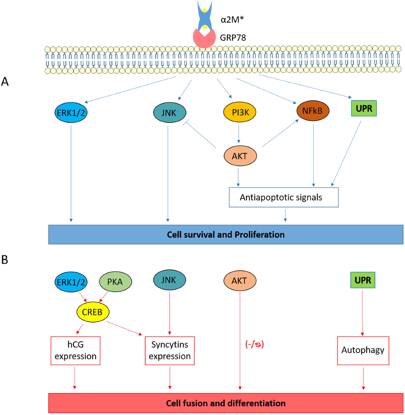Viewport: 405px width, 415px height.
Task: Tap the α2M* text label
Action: pyautogui.click(x=232, y=20)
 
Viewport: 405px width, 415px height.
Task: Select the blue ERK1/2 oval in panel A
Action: pyautogui.click(x=71, y=113)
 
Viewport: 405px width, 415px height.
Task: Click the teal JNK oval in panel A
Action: pyautogui.click(x=169, y=113)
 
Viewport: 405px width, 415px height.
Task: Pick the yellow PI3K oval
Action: pyautogui.click(x=240, y=112)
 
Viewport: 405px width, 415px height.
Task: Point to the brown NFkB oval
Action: pyautogui.click(x=313, y=111)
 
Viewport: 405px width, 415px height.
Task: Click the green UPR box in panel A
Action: pyautogui.click(x=364, y=108)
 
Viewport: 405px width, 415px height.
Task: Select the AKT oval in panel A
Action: pyautogui.click(x=240, y=156)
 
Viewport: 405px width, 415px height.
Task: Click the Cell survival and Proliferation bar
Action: pyautogui.click(x=226, y=234)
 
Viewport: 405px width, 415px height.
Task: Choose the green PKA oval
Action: pyautogui.click(x=115, y=281)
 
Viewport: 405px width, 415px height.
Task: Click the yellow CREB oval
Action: pyautogui.click(x=92, y=312)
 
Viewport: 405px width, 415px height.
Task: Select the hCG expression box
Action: pyautogui.click(x=76, y=350)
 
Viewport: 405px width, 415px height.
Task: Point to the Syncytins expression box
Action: pyautogui.click(x=170, y=350)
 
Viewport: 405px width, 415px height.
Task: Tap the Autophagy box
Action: pyautogui.click(x=363, y=350)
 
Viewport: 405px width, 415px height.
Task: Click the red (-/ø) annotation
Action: pyautogui.click(x=254, y=344)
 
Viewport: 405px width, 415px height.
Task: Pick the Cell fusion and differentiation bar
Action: pyautogui.click(x=226, y=403)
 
